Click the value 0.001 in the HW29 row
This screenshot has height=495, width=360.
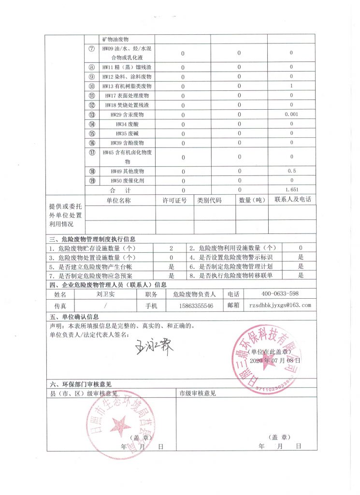click(291, 115)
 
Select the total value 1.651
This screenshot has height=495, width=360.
click(291, 190)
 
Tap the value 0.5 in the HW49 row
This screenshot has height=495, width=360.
click(291, 171)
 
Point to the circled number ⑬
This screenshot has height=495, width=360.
click(92, 115)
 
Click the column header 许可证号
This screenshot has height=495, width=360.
click(174, 200)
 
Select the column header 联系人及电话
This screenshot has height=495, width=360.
click(292, 200)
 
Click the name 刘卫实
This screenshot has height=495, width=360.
click(105, 293)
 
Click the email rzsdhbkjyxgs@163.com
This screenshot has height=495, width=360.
click(279, 305)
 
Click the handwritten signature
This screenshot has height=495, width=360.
click(154, 346)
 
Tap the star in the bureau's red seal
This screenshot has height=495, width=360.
click(118, 426)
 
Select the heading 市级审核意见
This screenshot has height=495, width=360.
click(197, 393)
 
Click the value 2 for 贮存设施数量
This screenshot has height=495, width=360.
click(171, 247)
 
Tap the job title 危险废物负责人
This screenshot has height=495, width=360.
click(193, 293)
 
